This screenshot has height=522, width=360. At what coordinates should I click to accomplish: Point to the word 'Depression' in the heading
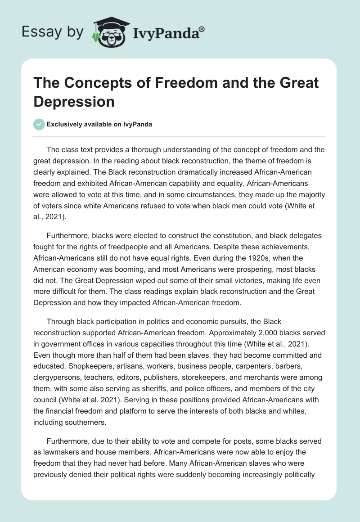pyautogui.click(x=74, y=101)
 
